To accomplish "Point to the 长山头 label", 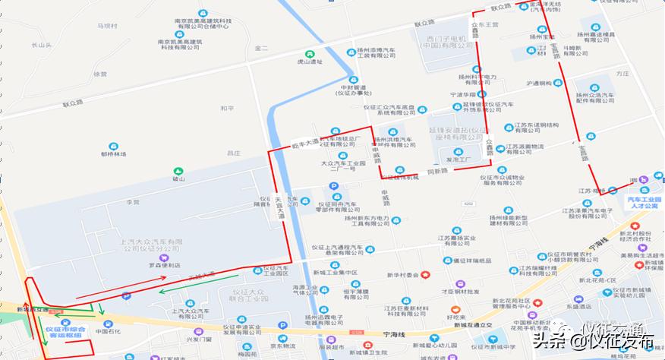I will click(41, 45).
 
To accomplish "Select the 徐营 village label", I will click(100, 74).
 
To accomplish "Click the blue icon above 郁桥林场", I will click(113, 144).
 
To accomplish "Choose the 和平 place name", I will click(227, 109).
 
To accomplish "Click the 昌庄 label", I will click(233, 153).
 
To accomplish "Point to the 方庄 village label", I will click(622, 74).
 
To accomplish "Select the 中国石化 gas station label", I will click(108, 332).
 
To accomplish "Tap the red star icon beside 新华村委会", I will click(427, 275).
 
